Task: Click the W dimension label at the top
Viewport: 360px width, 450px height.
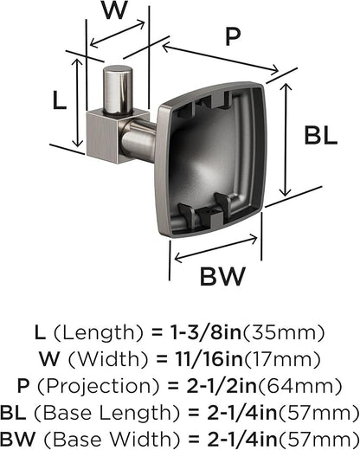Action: coord(114,10)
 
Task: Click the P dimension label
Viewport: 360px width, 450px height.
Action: coord(233,36)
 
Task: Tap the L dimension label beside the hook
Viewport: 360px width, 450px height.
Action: coord(60,100)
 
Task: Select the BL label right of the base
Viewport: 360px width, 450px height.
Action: coord(321,136)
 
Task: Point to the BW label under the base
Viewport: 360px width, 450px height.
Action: coord(222,276)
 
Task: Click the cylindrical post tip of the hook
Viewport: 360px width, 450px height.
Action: coord(118,90)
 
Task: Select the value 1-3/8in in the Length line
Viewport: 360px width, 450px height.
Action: coord(206,332)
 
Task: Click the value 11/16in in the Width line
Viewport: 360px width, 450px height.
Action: coord(209,359)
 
